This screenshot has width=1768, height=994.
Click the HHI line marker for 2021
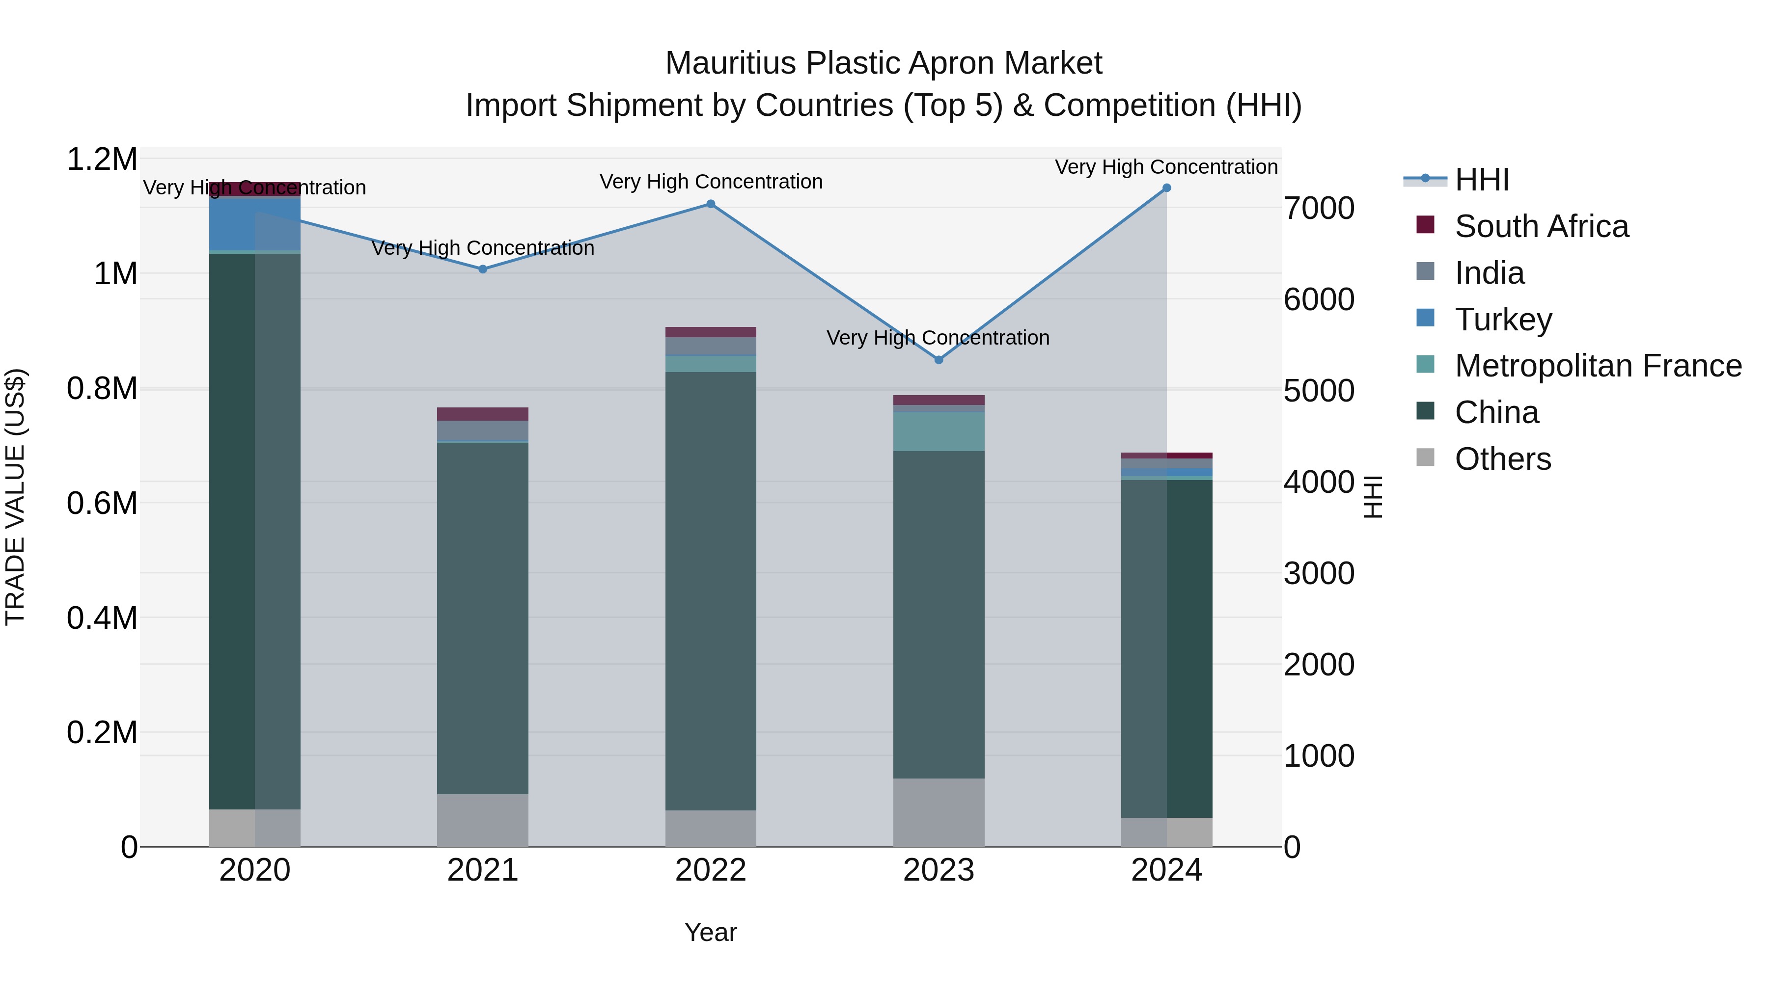pyautogui.click(x=482, y=269)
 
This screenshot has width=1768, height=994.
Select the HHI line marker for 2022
pyautogui.click(x=710, y=204)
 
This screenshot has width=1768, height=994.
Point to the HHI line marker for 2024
pyautogui.click(x=1166, y=188)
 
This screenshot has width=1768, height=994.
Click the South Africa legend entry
pyautogui.click(x=1541, y=226)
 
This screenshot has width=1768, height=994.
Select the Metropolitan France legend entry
pyautogui.click(x=1597, y=366)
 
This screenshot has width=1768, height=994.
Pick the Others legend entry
pyautogui.click(x=1502, y=459)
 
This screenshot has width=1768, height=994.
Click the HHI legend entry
pyautogui.click(x=1481, y=180)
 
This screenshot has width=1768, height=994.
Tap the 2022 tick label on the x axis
pyautogui.click(x=710, y=870)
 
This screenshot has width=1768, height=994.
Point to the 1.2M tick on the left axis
pyautogui.click(x=102, y=160)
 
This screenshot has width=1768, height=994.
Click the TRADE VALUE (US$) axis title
pyautogui.click(x=15, y=497)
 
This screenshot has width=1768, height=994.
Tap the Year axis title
pyautogui.click(x=710, y=932)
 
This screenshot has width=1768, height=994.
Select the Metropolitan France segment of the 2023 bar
pyautogui.click(x=938, y=431)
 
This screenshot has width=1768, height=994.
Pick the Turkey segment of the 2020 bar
pyautogui.click(x=254, y=224)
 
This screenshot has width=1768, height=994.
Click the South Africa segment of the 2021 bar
pyautogui.click(x=482, y=414)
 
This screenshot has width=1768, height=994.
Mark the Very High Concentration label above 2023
pyautogui.click(x=938, y=338)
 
